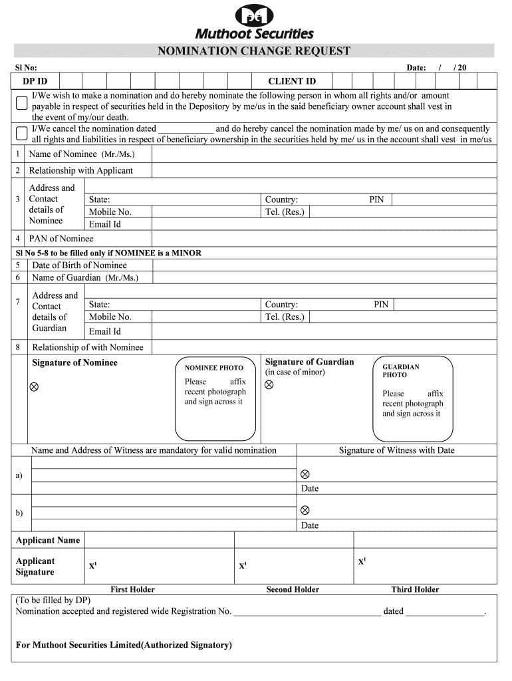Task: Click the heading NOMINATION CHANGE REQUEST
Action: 253,51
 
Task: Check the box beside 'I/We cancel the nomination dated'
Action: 22,132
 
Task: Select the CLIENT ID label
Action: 291,81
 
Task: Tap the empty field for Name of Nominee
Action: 323,154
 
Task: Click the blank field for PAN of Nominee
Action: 323,238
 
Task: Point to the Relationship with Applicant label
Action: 80,170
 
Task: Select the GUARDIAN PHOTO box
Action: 412,398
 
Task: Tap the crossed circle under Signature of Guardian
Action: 270,385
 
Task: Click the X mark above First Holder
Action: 92,566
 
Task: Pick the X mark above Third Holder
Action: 362,561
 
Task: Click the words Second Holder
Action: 293,589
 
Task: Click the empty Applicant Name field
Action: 290,540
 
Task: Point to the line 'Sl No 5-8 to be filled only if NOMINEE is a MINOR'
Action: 108,253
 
